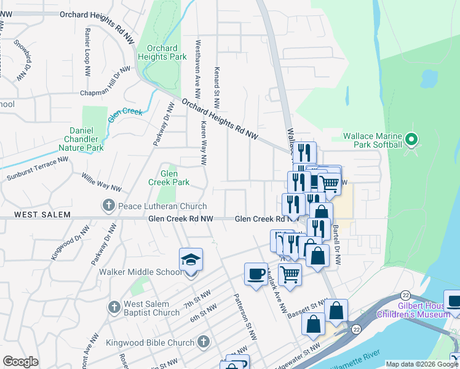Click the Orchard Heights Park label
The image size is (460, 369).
[x=162, y=52]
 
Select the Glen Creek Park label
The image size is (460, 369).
[x=169, y=178]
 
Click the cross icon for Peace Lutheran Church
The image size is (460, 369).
[x=108, y=205]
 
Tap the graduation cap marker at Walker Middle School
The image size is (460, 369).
[x=191, y=261]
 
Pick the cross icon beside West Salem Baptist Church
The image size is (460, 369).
[x=113, y=306]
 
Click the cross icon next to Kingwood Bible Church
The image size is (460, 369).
[x=204, y=342]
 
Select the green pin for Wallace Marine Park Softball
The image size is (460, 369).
[x=413, y=139]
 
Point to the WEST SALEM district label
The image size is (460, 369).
[x=35, y=215]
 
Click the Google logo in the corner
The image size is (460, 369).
[x=20, y=362]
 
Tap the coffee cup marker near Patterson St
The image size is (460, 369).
[x=256, y=274]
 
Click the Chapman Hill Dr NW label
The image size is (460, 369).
[x=106, y=81]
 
